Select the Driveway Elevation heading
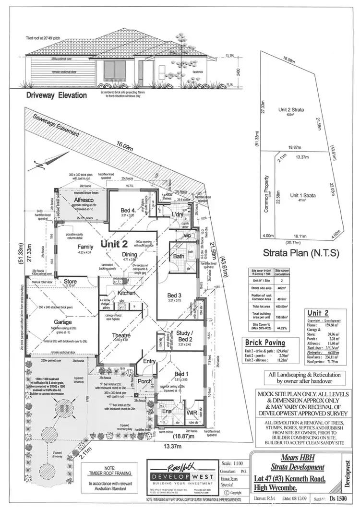coord(57,95)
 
